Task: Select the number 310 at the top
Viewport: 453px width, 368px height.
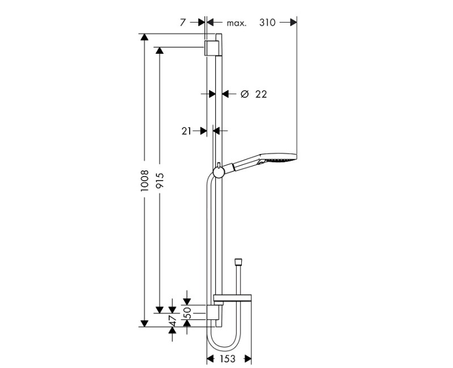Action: [267, 23]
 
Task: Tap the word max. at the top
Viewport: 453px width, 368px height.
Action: [237, 23]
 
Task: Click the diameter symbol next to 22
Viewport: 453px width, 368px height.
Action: [244, 95]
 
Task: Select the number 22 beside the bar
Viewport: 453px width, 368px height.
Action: [260, 95]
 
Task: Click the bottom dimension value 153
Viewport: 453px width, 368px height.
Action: [229, 359]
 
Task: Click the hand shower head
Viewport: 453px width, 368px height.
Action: [280, 161]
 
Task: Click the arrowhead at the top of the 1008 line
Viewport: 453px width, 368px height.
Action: [144, 37]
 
